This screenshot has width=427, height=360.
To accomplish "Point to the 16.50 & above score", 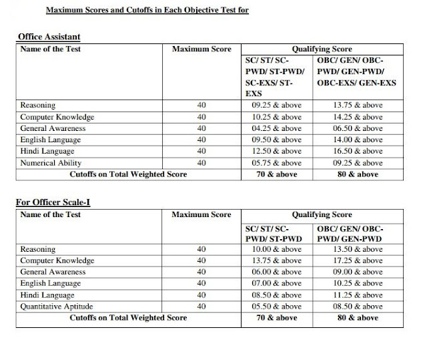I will coord(358,152).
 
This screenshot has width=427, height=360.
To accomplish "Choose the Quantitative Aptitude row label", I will coord(57,307).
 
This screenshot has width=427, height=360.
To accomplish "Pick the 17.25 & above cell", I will coord(358,260).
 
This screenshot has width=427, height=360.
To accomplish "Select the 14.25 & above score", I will coord(358,117).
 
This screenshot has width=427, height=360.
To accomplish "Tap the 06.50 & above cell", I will coord(358,128).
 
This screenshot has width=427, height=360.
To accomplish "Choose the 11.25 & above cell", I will coord(358,295).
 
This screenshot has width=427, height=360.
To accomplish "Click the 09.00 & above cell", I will coord(358,272).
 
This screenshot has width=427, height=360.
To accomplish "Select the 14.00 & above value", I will coord(358,140).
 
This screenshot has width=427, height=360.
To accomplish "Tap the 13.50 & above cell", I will coord(358,249).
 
